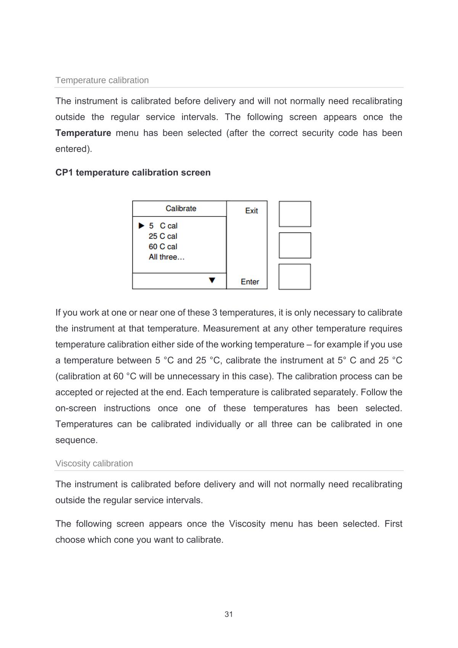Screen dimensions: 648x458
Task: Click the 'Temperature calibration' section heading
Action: (102, 80)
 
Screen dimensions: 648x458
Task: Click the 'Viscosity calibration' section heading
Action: (94, 463)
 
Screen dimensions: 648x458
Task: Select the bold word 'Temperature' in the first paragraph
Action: (83, 133)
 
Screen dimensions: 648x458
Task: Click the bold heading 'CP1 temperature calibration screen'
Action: (133, 173)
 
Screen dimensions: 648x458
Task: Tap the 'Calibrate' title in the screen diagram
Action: (181, 208)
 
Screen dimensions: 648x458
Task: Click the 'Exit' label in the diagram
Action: (252, 211)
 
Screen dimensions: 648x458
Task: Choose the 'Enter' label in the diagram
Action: (250, 282)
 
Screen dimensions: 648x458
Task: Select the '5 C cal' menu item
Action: (163, 226)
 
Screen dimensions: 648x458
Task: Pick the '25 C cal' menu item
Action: (163, 236)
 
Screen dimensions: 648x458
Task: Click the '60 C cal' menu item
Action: (163, 247)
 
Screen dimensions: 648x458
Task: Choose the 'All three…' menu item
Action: (166, 257)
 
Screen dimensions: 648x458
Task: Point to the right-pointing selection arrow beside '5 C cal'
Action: (141, 226)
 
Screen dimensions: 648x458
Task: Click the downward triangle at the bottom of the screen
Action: (212, 280)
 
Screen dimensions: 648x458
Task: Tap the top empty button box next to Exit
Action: (295, 214)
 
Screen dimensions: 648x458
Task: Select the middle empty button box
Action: (295, 246)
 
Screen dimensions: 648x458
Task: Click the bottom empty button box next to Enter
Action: (295, 277)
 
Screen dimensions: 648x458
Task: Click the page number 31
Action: (229, 614)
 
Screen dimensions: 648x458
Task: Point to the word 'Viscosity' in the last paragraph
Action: (247, 524)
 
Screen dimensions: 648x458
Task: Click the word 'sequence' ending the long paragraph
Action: (76, 440)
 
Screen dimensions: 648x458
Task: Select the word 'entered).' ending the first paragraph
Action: (74, 149)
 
